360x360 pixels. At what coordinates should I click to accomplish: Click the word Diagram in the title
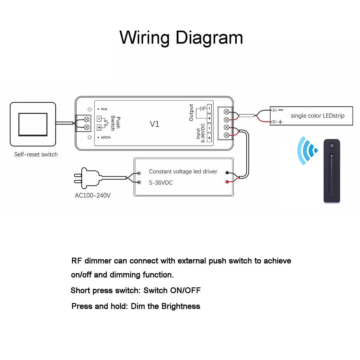point(209,38)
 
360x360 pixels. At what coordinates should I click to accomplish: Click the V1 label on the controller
point(154,124)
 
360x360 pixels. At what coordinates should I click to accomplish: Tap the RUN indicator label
point(104,109)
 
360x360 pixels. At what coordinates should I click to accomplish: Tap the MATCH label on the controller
point(106,137)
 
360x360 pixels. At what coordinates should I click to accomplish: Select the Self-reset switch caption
point(36,154)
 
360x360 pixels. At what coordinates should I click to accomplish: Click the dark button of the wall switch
point(33,124)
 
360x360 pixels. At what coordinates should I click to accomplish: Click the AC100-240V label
point(93,196)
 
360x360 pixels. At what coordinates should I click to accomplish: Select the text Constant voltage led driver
point(183,172)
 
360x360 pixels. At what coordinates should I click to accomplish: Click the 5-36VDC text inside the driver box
point(161,183)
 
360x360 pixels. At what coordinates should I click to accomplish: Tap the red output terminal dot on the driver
point(227,182)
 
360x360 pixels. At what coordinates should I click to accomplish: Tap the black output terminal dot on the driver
point(227,173)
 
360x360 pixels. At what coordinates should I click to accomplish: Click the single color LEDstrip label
point(317,116)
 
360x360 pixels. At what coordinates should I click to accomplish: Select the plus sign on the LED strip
point(280,122)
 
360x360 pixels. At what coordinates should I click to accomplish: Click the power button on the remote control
point(332,146)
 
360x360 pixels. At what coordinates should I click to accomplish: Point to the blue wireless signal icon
point(307,151)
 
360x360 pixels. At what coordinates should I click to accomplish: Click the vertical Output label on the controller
point(191,113)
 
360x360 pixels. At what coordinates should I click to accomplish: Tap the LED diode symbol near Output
point(202,109)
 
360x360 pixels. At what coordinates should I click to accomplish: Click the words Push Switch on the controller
point(115,123)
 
